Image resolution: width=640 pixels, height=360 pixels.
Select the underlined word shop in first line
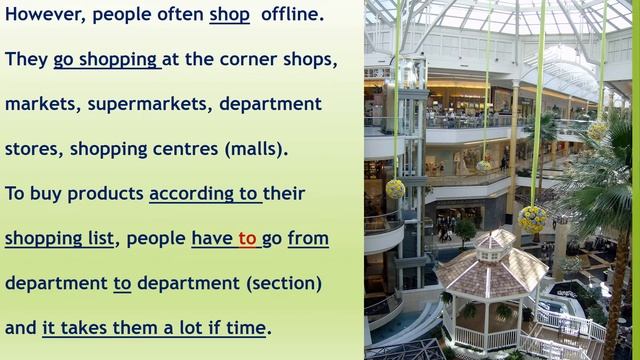click(x=229, y=15)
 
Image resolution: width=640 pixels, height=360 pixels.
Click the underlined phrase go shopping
click(x=106, y=60)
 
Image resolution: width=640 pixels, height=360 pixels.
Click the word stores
click(x=32, y=149)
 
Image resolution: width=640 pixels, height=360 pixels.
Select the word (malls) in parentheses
click(x=255, y=149)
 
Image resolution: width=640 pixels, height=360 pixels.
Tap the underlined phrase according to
click(x=204, y=193)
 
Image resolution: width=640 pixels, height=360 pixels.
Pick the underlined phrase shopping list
click(x=59, y=238)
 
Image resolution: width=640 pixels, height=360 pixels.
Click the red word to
click(x=247, y=238)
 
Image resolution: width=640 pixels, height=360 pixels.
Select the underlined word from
click(x=307, y=238)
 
